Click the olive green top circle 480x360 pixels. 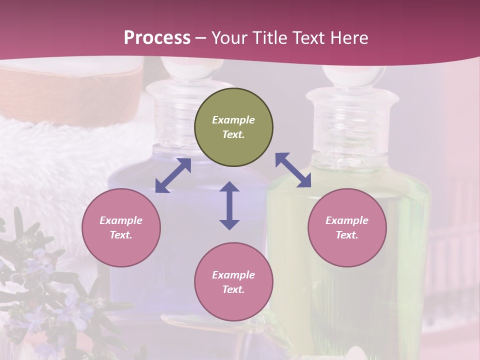(233, 127)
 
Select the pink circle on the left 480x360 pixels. (121, 227)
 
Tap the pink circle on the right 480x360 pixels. (347, 227)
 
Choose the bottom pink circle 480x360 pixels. (233, 282)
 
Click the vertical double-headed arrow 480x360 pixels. (229, 205)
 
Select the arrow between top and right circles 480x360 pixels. (293, 170)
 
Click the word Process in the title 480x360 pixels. (157, 38)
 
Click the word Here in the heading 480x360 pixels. (349, 38)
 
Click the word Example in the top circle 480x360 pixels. (233, 120)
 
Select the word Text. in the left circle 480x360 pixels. (121, 235)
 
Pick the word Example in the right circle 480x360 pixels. (347, 220)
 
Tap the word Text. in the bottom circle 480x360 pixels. (233, 289)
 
